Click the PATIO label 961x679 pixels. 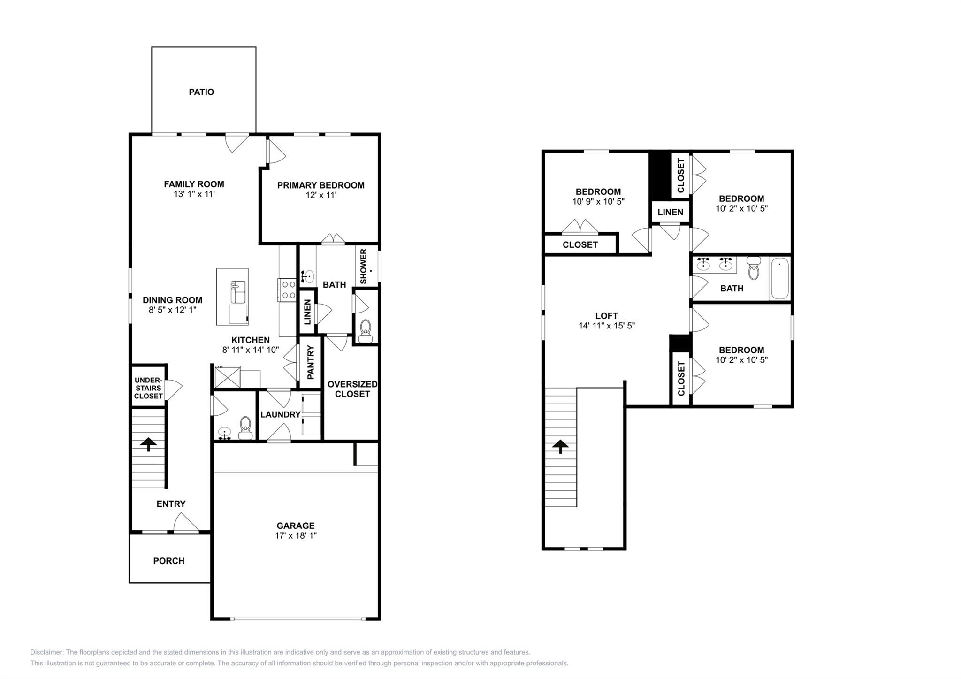201,92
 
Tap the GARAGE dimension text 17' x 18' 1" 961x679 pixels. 296,535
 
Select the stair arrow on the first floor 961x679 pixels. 148,444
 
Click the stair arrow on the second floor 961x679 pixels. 560,446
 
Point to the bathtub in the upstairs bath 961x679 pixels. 779,278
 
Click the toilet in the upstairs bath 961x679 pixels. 754,269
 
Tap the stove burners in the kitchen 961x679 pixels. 287,290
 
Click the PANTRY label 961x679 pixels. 311,362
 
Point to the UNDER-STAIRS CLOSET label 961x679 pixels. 148,388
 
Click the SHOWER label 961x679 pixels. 364,266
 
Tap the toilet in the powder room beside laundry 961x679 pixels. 245,427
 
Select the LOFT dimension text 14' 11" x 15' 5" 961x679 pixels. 606,326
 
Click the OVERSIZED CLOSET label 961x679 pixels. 352,389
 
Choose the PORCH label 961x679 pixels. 169,561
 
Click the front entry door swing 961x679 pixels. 186,523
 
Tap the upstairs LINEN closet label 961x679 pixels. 670,212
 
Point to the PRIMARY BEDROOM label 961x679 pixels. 320,185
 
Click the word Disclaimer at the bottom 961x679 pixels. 46,652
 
